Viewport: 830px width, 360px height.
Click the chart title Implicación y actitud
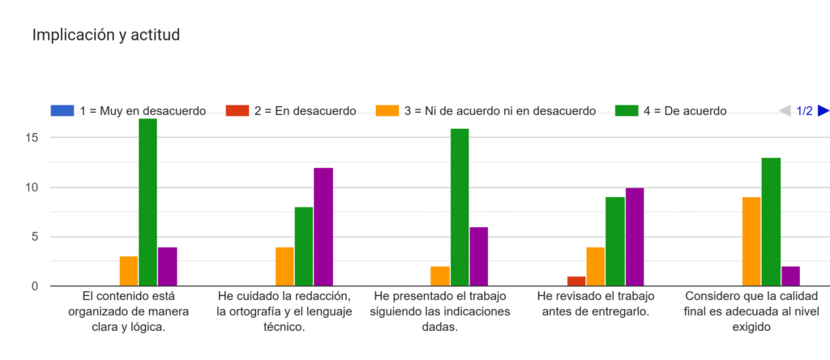pyautogui.click(x=105, y=35)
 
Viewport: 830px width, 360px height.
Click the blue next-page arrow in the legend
pyautogui.click(x=823, y=111)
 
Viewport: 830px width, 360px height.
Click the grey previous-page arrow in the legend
pyautogui.click(x=785, y=111)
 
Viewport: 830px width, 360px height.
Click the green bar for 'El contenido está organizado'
pyautogui.click(x=148, y=203)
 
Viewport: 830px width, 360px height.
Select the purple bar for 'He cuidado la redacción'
pyautogui.click(x=323, y=227)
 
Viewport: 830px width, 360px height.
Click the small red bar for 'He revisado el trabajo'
pyautogui.click(x=575, y=281)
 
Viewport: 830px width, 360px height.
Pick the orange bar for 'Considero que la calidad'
pyautogui.click(x=751, y=242)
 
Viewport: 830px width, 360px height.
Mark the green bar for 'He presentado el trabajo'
pyautogui.click(x=460, y=208)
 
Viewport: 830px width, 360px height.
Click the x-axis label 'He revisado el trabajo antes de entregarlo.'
pyautogui.click(x=596, y=303)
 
